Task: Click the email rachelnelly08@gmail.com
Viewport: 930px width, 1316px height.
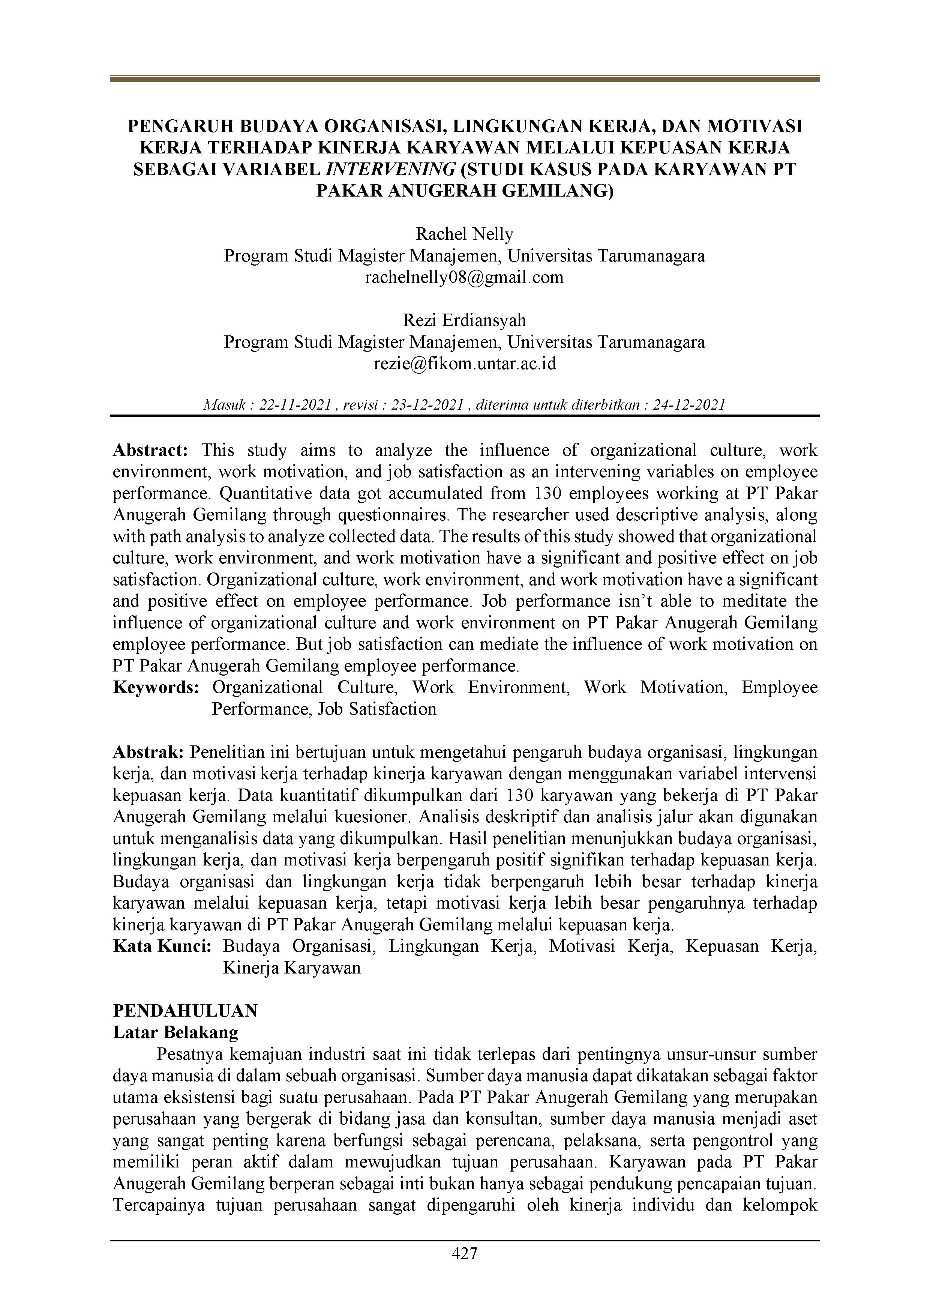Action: [464, 277]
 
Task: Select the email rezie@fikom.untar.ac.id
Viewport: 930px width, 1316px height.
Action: [464, 364]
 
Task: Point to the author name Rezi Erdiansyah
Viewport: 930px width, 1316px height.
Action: [464, 320]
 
